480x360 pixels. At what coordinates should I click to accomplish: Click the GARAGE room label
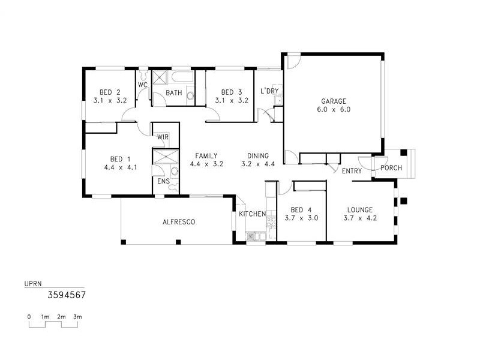click(333, 101)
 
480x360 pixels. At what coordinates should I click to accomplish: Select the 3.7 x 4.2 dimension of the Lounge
click(360, 218)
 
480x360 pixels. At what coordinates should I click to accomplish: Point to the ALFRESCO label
click(179, 222)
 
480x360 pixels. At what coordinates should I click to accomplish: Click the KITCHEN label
click(252, 214)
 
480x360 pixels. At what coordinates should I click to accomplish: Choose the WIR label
click(163, 137)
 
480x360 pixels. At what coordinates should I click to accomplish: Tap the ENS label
click(163, 181)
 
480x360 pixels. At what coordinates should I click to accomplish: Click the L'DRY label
click(269, 91)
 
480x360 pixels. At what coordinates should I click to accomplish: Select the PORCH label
click(391, 168)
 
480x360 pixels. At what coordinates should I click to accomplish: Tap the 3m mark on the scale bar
click(77, 316)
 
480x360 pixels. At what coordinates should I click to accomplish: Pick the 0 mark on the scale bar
click(29, 316)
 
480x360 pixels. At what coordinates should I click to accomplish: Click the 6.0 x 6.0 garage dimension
click(333, 110)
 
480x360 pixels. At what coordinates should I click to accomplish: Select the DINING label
click(258, 155)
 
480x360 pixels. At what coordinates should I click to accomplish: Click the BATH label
click(174, 93)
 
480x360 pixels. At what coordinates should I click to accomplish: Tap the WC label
click(143, 85)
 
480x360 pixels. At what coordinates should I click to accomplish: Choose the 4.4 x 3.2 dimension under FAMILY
click(206, 164)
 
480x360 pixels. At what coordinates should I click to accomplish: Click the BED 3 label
click(231, 92)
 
